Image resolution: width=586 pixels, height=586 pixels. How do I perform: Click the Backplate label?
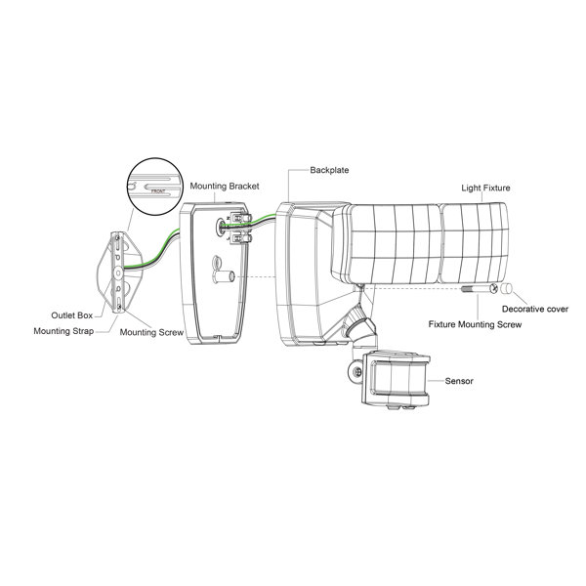coord(329,170)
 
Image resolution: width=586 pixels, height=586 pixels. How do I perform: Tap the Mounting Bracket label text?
coord(225,187)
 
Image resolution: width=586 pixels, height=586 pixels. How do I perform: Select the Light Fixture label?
coord(485,188)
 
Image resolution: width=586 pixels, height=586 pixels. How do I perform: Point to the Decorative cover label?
coord(535,309)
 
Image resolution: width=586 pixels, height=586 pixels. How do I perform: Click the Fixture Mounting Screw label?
coord(475,324)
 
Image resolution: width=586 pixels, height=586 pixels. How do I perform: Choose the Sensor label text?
coord(459,381)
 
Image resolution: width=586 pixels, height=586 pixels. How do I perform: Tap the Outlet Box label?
coord(71,315)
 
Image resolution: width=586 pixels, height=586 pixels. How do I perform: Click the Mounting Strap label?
coord(63,331)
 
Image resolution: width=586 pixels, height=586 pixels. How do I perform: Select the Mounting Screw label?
coord(151,332)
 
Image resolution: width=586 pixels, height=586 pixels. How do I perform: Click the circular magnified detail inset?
coord(154,187)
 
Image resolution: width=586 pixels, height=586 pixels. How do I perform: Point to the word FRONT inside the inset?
coord(158,191)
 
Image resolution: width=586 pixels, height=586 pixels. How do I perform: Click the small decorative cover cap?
coord(507,288)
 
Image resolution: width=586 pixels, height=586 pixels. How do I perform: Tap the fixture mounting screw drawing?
coord(480,288)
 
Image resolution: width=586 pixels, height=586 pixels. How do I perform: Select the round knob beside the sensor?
coord(356,372)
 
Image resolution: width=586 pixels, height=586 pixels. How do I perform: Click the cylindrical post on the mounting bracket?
coord(223,277)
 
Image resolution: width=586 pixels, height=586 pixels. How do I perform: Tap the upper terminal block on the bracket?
coord(240,218)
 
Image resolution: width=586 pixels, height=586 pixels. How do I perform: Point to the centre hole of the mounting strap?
coord(118,273)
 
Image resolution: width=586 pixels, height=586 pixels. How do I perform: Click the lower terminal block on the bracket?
coord(240,237)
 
